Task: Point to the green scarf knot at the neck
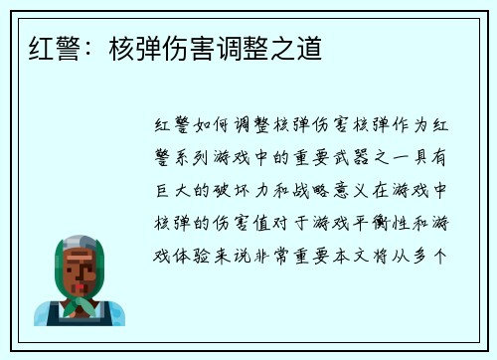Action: [x=80, y=302]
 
